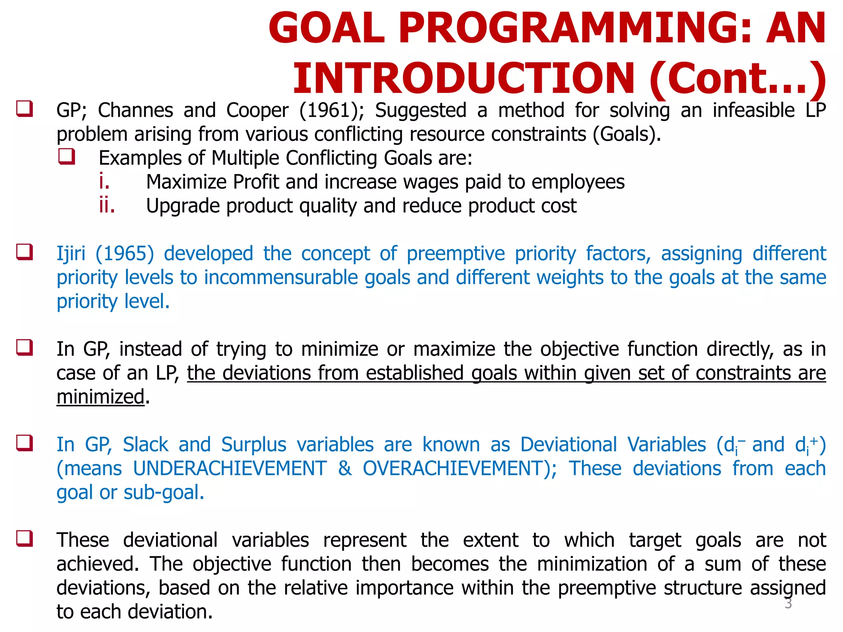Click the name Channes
pyautogui.click(x=135, y=111)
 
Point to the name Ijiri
pyautogui.click(x=71, y=254)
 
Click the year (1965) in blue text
pyautogui.click(x=125, y=254)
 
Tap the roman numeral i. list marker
pyautogui.click(x=104, y=181)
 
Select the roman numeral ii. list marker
pyautogui.click(x=107, y=205)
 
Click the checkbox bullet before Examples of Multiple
pyautogui.click(x=67, y=157)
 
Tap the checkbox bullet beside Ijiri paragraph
pyautogui.click(x=25, y=252)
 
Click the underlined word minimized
pyautogui.click(x=100, y=397)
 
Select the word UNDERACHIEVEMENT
pyautogui.click(x=230, y=469)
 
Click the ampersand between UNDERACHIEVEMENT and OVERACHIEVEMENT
pyautogui.click(x=345, y=469)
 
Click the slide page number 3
pyautogui.click(x=788, y=604)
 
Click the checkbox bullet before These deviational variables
pyautogui.click(x=25, y=539)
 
